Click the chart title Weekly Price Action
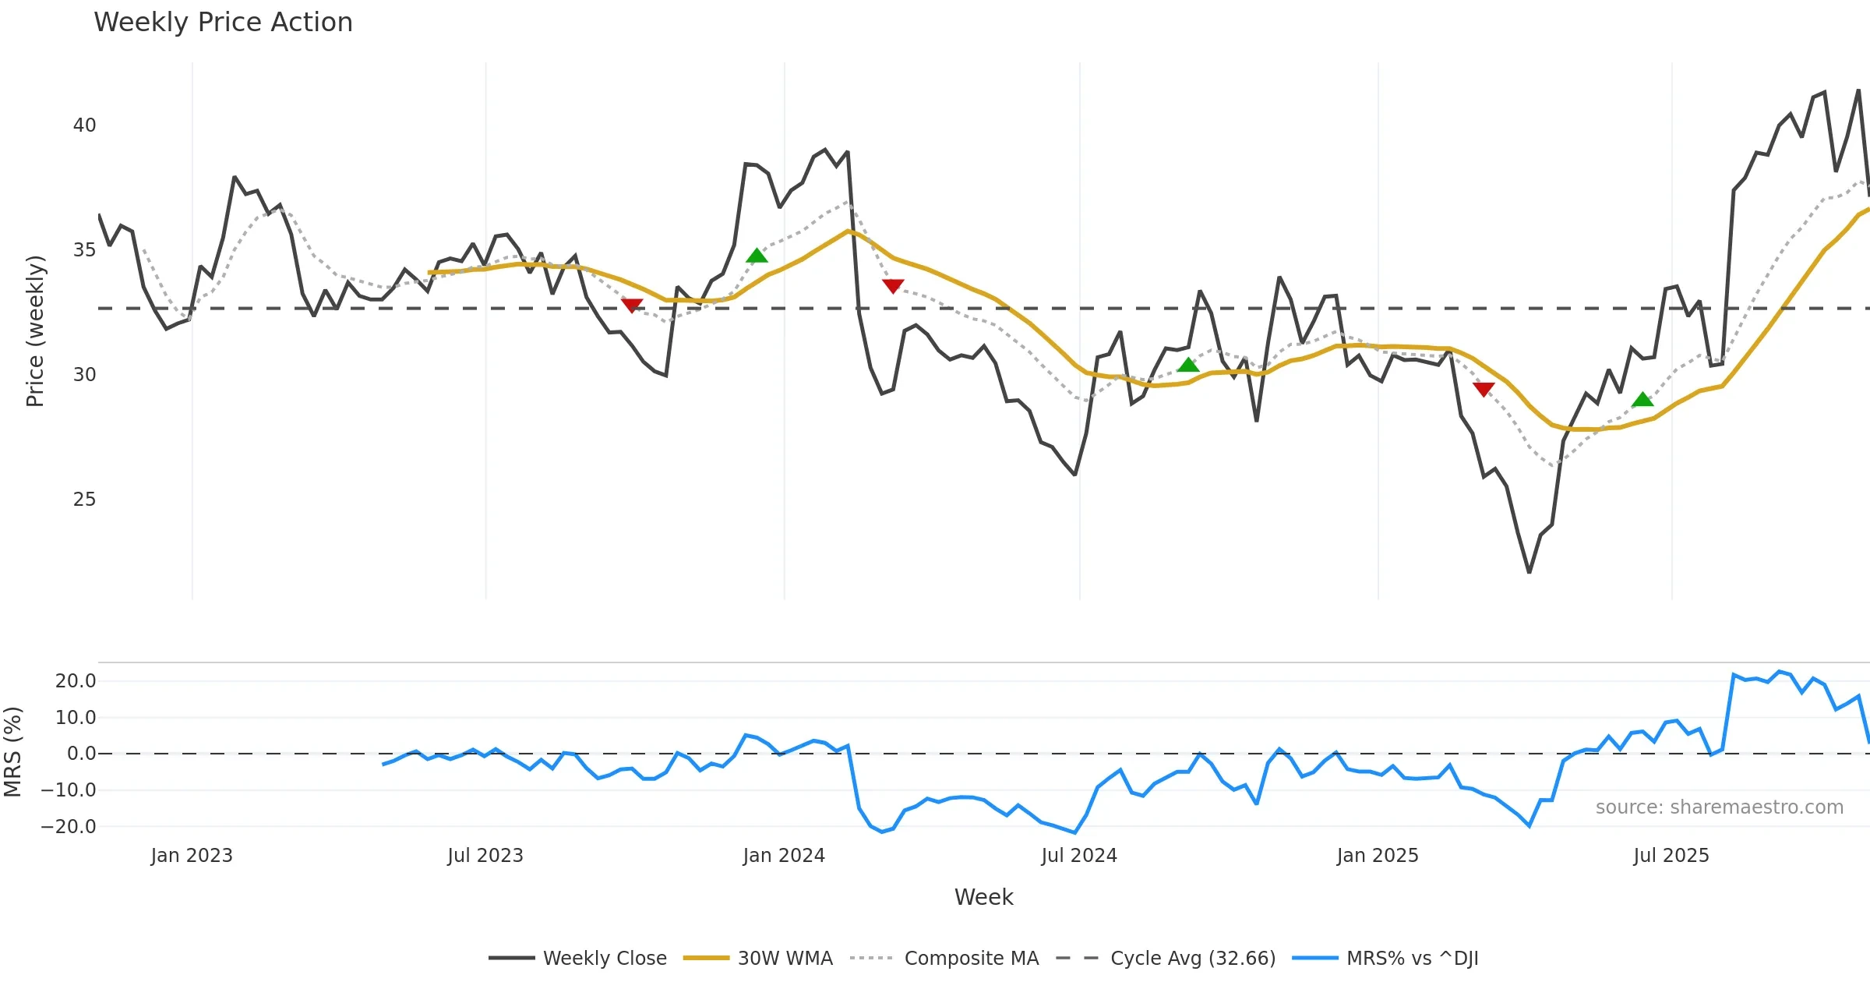pos(223,23)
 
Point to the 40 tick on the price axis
pos(84,125)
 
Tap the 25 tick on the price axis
pos(84,500)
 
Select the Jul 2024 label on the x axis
pos(1079,856)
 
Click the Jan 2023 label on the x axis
pos(192,856)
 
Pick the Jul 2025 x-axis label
pos(1671,856)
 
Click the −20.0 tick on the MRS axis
pos(69,827)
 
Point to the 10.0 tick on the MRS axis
pos(75,718)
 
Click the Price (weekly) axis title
pos(35,331)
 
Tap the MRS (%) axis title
pos(12,752)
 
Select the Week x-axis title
pos(983,898)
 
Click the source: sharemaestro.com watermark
pos(1719,807)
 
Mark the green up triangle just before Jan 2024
pos(757,256)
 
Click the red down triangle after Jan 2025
pos(1484,389)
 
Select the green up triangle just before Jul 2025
pos(1642,400)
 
